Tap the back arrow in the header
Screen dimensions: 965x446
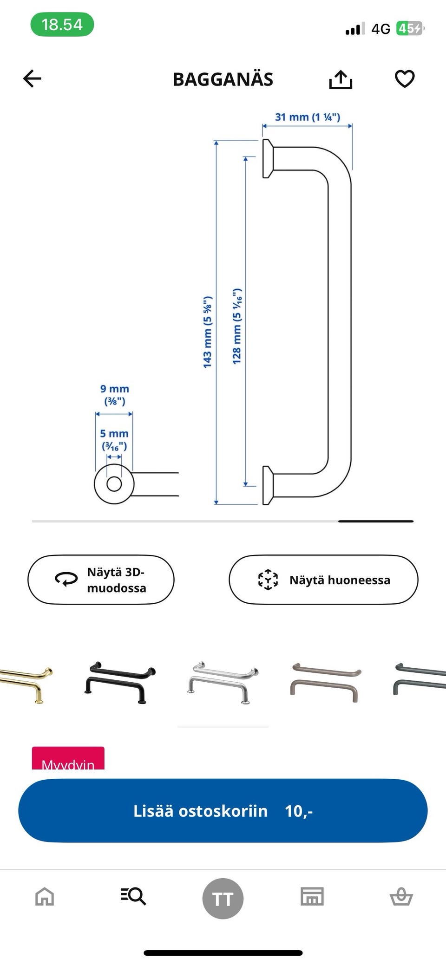(x=32, y=78)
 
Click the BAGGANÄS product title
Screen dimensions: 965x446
(x=223, y=79)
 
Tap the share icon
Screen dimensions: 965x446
(x=341, y=79)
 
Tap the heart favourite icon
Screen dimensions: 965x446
(x=404, y=79)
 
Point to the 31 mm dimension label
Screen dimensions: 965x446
(x=307, y=117)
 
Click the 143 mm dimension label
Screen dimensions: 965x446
(x=208, y=332)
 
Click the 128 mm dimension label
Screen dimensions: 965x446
(x=237, y=326)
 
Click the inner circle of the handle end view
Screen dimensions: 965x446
(x=114, y=484)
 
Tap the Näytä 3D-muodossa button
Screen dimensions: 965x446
(x=101, y=580)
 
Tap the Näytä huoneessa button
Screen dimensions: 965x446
(x=323, y=580)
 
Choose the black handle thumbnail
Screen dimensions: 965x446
(x=120, y=682)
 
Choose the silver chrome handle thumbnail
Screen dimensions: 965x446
(x=223, y=682)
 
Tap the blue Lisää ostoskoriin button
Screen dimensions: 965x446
(x=223, y=810)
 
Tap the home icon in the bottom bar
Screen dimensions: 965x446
(x=45, y=897)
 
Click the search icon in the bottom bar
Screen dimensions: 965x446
(x=134, y=896)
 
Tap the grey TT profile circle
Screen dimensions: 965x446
(x=223, y=899)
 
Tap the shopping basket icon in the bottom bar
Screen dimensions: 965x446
(x=401, y=897)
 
